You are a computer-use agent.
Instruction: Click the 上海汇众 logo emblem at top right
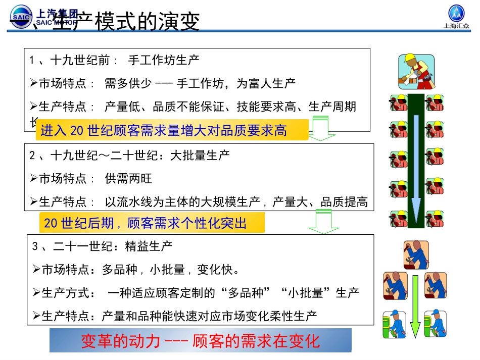point(456,13)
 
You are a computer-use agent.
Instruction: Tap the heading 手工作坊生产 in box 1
point(164,60)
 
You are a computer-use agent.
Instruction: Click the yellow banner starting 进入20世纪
point(172,131)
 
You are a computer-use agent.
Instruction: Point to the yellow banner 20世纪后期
point(152,223)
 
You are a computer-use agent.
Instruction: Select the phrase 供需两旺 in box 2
point(128,179)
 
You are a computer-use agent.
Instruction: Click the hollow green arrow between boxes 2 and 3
point(323,222)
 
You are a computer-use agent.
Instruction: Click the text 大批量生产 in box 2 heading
point(200,155)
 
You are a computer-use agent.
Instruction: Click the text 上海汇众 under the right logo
point(456,28)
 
